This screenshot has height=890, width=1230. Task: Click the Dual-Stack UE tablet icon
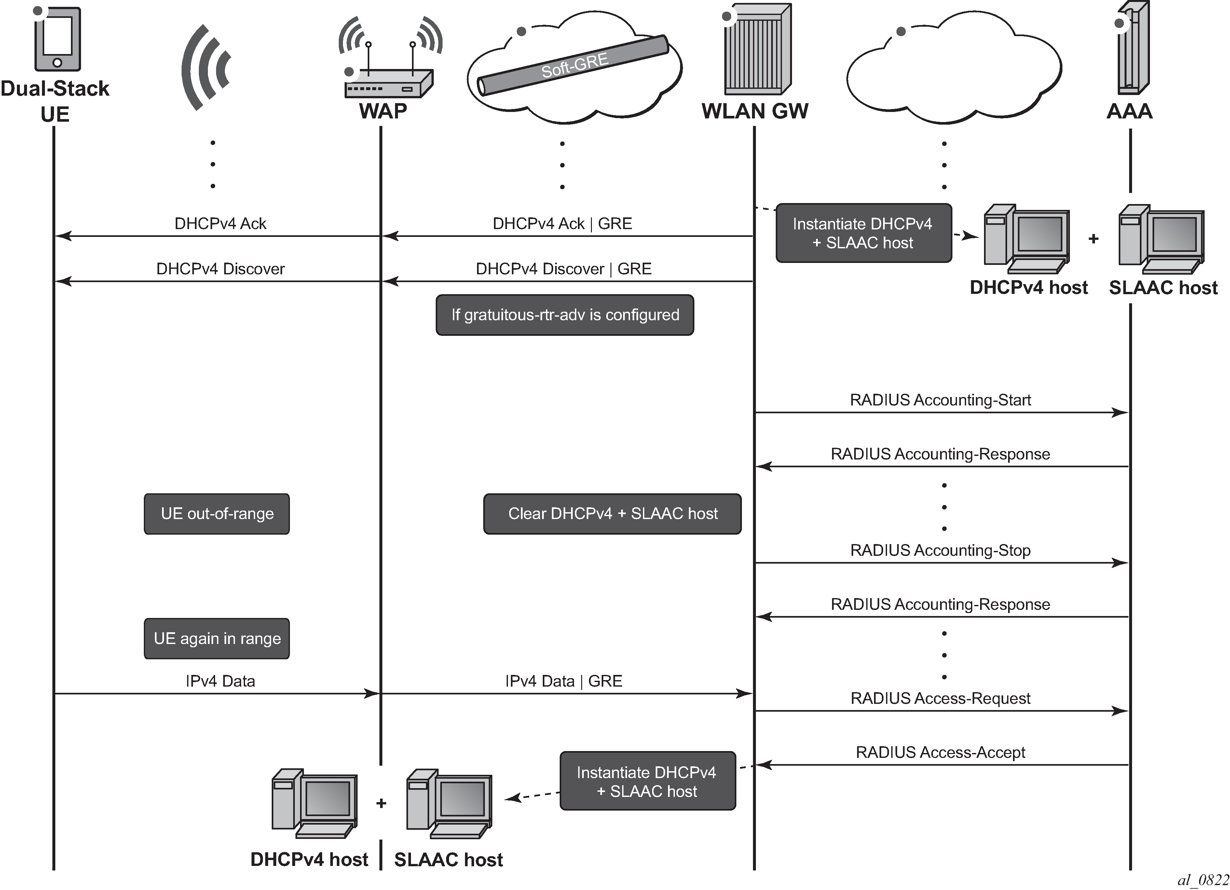pyautogui.click(x=58, y=39)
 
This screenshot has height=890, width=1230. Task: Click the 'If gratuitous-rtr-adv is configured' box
pyautogui.click(x=565, y=315)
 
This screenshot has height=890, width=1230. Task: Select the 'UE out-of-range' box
pyautogui.click(x=217, y=513)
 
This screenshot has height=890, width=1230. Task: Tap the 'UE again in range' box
pyautogui.click(x=217, y=638)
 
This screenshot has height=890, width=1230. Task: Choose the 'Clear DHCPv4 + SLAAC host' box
pyautogui.click(x=612, y=513)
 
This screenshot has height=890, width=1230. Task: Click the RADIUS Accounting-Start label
pyautogui.click(x=940, y=400)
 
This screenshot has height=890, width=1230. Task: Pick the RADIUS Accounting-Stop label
pyautogui.click(x=940, y=551)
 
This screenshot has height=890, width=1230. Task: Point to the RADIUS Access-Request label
pyautogui.click(x=940, y=699)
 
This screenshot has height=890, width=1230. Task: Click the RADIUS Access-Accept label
pyautogui.click(x=940, y=753)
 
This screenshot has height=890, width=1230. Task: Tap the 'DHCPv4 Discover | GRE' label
pyautogui.click(x=564, y=269)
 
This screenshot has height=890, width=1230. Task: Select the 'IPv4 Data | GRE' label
pyautogui.click(x=564, y=681)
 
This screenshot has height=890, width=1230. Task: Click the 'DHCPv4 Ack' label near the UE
pyautogui.click(x=220, y=224)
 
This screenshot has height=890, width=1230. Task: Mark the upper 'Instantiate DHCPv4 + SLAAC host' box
pyautogui.click(x=863, y=233)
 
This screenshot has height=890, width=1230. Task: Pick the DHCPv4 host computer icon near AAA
pyautogui.click(x=1027, y=239)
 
